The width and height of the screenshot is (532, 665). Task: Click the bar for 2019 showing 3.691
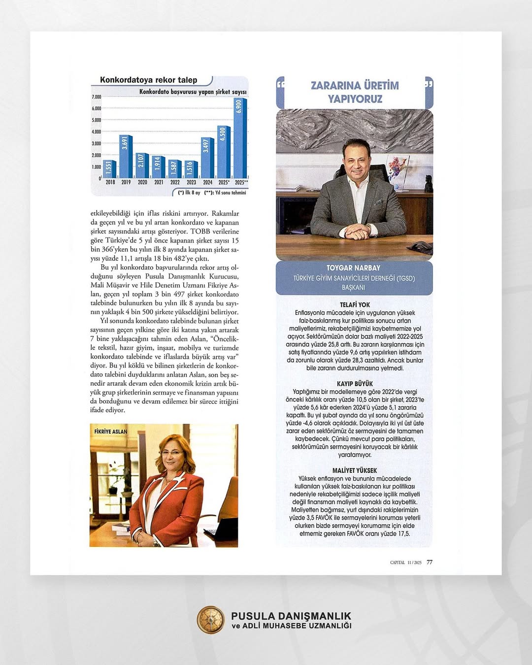(x=126, y=157)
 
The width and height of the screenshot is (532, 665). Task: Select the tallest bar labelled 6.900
(x=240, y=138)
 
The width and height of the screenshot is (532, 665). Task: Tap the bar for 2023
(x=191, y=169)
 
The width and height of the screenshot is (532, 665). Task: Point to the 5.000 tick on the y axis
(x=97, y=120)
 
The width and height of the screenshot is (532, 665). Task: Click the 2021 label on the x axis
(x=159, y=182)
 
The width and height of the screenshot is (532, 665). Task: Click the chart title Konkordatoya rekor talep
(x=148, y=80)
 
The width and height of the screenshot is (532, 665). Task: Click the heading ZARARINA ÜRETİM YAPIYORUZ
(x=355, y=92)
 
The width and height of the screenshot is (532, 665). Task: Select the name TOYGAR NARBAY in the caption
(x=353, y=268)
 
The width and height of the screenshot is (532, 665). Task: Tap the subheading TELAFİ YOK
(x=355, y=305)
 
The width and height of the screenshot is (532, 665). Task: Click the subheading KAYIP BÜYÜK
(x=355, y=384)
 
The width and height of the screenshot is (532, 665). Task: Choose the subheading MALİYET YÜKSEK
(x=355, y=470)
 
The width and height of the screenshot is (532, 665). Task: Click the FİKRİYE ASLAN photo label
(x=111, y=432)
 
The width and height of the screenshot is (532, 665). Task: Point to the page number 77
(x=430, y=562)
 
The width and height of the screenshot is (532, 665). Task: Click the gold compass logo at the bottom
(x=210, y=620)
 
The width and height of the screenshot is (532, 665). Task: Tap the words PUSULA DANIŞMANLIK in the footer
(x=291, y=616)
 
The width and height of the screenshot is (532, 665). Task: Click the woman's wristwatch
(x=157, y=541)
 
